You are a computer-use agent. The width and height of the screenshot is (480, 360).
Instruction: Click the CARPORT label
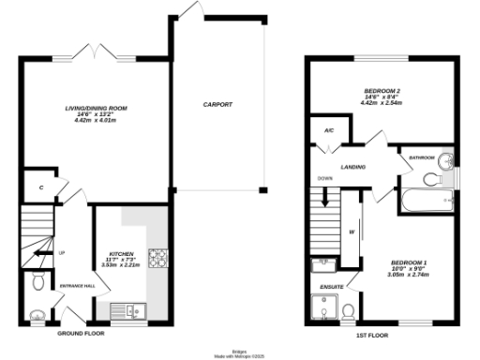click(217, 104)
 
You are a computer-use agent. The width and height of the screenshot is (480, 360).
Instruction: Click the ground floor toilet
click(37, 280)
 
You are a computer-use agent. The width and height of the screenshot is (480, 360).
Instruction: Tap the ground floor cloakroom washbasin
click(37, 315)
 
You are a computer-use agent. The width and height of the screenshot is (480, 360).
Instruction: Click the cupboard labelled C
click(41, 188)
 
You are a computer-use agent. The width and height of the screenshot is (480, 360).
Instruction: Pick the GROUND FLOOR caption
click(81, 334)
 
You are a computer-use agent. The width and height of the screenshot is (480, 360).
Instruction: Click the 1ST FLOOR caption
click(372, 334)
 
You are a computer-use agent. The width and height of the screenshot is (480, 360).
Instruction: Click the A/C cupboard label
click(328, 130)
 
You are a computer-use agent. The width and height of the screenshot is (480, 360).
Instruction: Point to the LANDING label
click(353, 167)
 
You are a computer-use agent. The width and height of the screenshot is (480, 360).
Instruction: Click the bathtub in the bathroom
click(427, 200)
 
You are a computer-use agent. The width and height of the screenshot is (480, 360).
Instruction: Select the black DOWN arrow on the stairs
click(325, 198)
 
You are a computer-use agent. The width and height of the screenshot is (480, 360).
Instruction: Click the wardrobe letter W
click(352, 231)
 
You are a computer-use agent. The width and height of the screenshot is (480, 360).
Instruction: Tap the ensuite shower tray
click(323, 307)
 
